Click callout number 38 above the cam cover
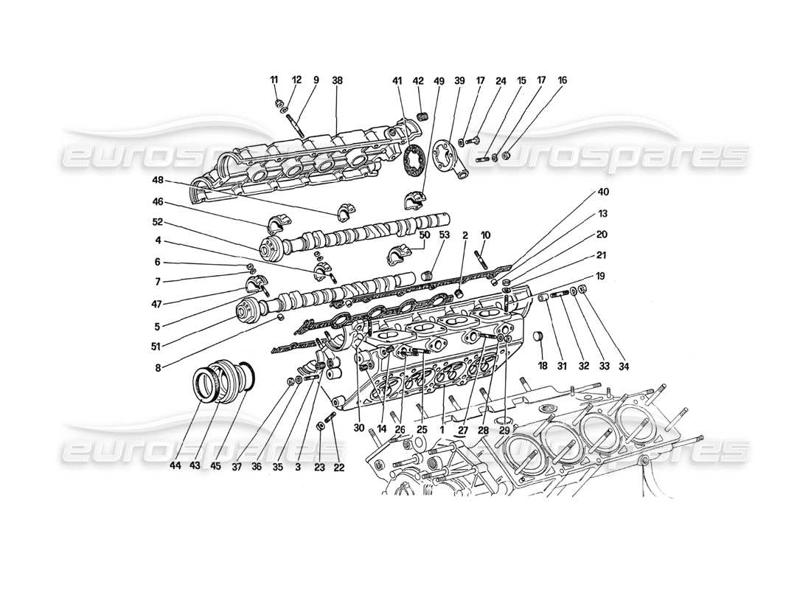coord(337,80)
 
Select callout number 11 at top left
coord(274,80)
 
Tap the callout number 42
coord(418,80)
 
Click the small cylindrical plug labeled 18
coord(537,337)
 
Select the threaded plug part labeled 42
coord(423,115)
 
